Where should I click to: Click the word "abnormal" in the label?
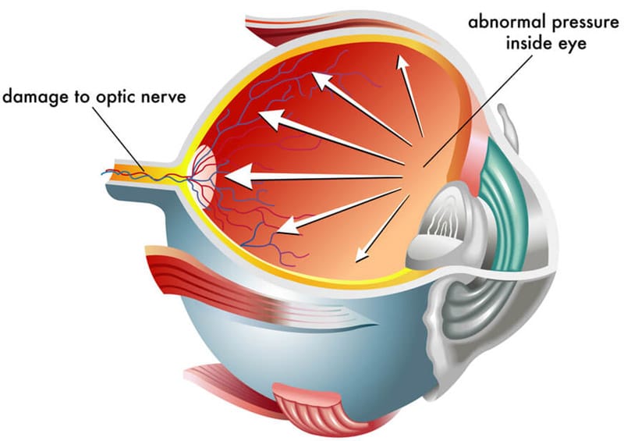(505, 22)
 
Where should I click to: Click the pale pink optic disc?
(205, 176)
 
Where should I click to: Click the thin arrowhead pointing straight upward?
(402, 63)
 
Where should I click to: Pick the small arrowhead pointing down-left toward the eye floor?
(362, 254)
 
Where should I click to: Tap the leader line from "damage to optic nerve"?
(119, 140)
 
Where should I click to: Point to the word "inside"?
(529, 43)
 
